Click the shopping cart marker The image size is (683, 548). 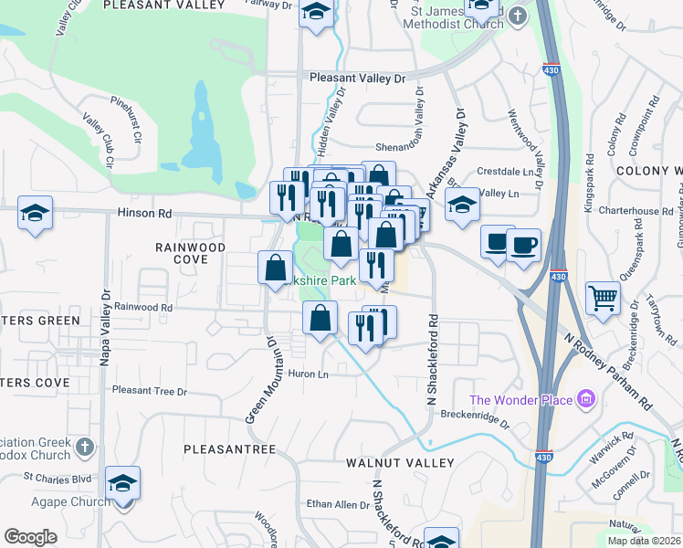pos(603,299)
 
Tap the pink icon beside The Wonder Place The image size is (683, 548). pos(586,400)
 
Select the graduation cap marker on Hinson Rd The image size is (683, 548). pos(35,214)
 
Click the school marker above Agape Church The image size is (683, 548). pos(122,483)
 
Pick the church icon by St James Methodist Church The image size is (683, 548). pos(518,16)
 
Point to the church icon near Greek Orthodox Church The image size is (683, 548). pos(84,447)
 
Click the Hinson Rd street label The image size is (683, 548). pos(144,214)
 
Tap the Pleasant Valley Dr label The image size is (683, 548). pos(356,79)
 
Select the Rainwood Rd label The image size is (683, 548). pos(143,308)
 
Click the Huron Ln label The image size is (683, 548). pos(309,374)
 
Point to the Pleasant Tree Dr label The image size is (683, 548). pos(149,391)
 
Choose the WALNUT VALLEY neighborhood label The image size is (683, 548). pos(399,463)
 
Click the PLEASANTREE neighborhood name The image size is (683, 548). pos(229,449)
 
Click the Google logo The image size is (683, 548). pos(30,537)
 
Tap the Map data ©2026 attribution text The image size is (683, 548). pos(645,541)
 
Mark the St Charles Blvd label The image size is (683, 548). pos(58,477)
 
